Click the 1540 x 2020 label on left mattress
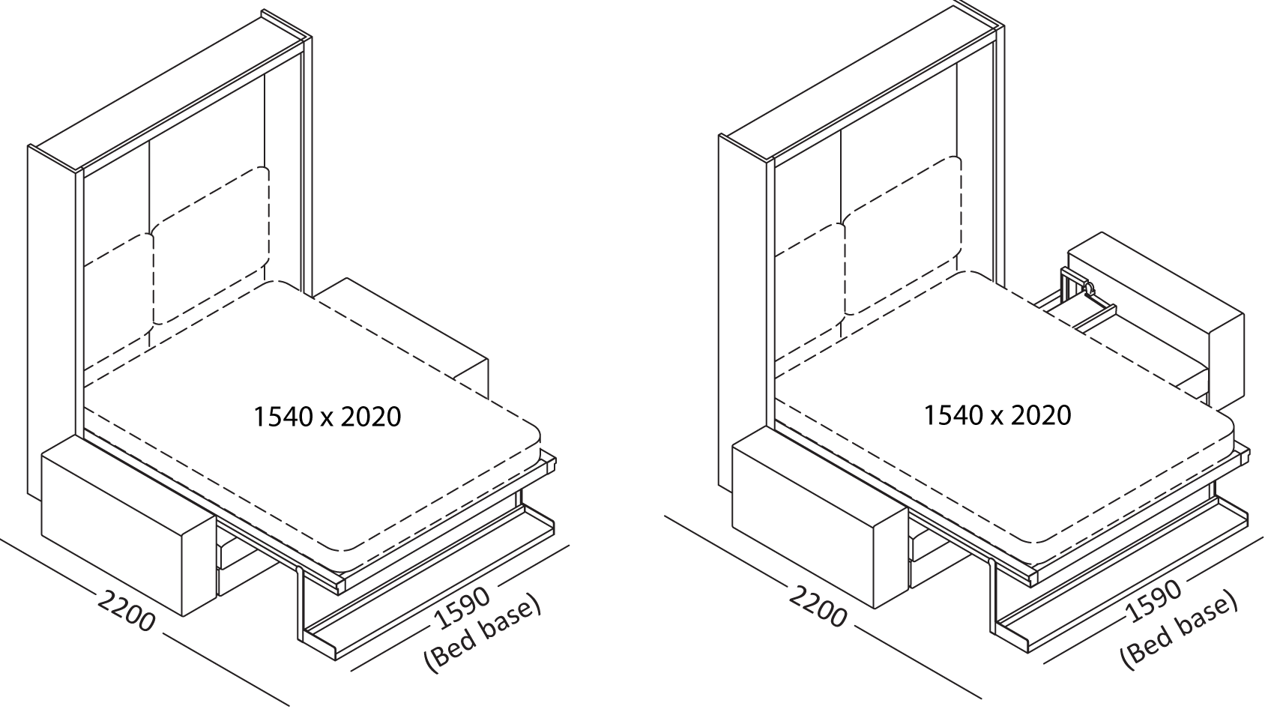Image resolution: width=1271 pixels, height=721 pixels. [327, 417]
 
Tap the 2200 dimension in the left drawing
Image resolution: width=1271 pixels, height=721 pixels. [126, 611]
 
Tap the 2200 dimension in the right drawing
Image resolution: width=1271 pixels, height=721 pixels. [817, 604]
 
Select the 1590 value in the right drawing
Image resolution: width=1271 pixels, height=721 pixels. [1154, 601]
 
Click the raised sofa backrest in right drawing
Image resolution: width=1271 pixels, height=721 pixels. [1154, 315]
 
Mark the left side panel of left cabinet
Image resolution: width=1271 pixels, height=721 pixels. [52, 315]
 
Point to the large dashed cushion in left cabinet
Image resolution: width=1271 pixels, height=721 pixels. [210, 247]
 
